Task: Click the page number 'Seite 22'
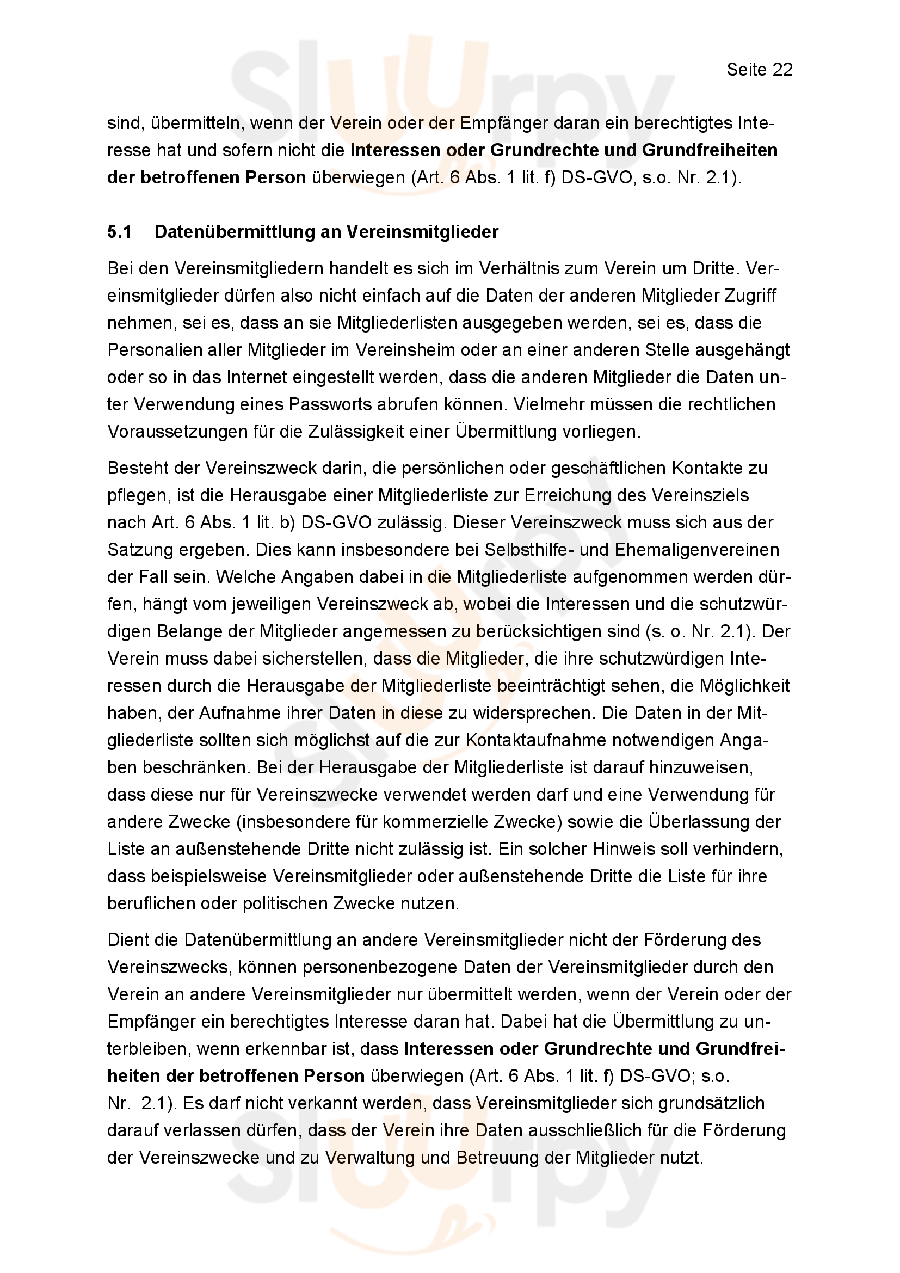(x=759, y=70)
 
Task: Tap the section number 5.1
(x=120, y=232)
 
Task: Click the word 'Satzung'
(x=139, y=550)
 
